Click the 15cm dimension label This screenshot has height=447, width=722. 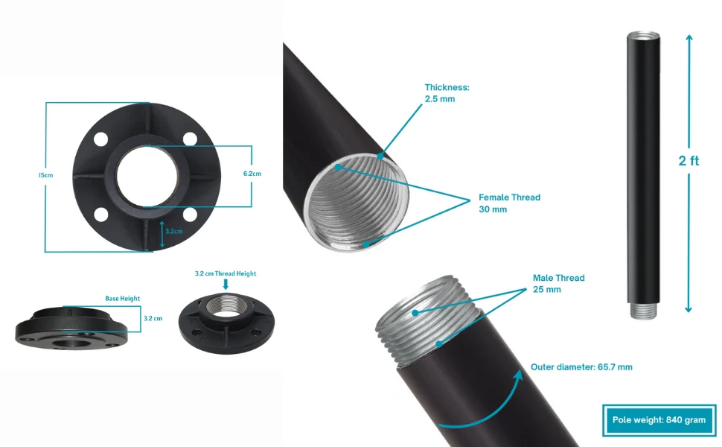[x=45, y=175]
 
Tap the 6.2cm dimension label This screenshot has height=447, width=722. [x=252, y=174]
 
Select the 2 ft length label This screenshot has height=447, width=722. [x=689, y=160]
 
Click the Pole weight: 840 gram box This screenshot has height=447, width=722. [x=659, y=420]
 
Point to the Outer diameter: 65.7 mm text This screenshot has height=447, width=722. [x=581, y=367]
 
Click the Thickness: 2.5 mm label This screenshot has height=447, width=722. [x=447, y=93]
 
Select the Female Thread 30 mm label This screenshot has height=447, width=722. [x=509, y=203]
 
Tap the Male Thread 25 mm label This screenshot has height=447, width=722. [x=558, y=283]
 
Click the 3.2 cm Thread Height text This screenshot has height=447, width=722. [x=226, y=273]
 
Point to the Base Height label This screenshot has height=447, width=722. [x=123, y=299]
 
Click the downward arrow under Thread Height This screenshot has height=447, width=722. [x=226, y=285]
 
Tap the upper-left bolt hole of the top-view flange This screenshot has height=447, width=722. [x=100, y=139]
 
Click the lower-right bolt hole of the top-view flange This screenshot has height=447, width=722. [x=190, y=215]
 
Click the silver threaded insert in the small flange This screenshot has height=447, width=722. [x=226, y=305]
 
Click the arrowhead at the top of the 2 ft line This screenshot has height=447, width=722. [x=689, y=38]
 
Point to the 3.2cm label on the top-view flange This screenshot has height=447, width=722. [x=174, y=232]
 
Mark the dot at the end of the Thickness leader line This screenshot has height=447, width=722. [x=380, y=156]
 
